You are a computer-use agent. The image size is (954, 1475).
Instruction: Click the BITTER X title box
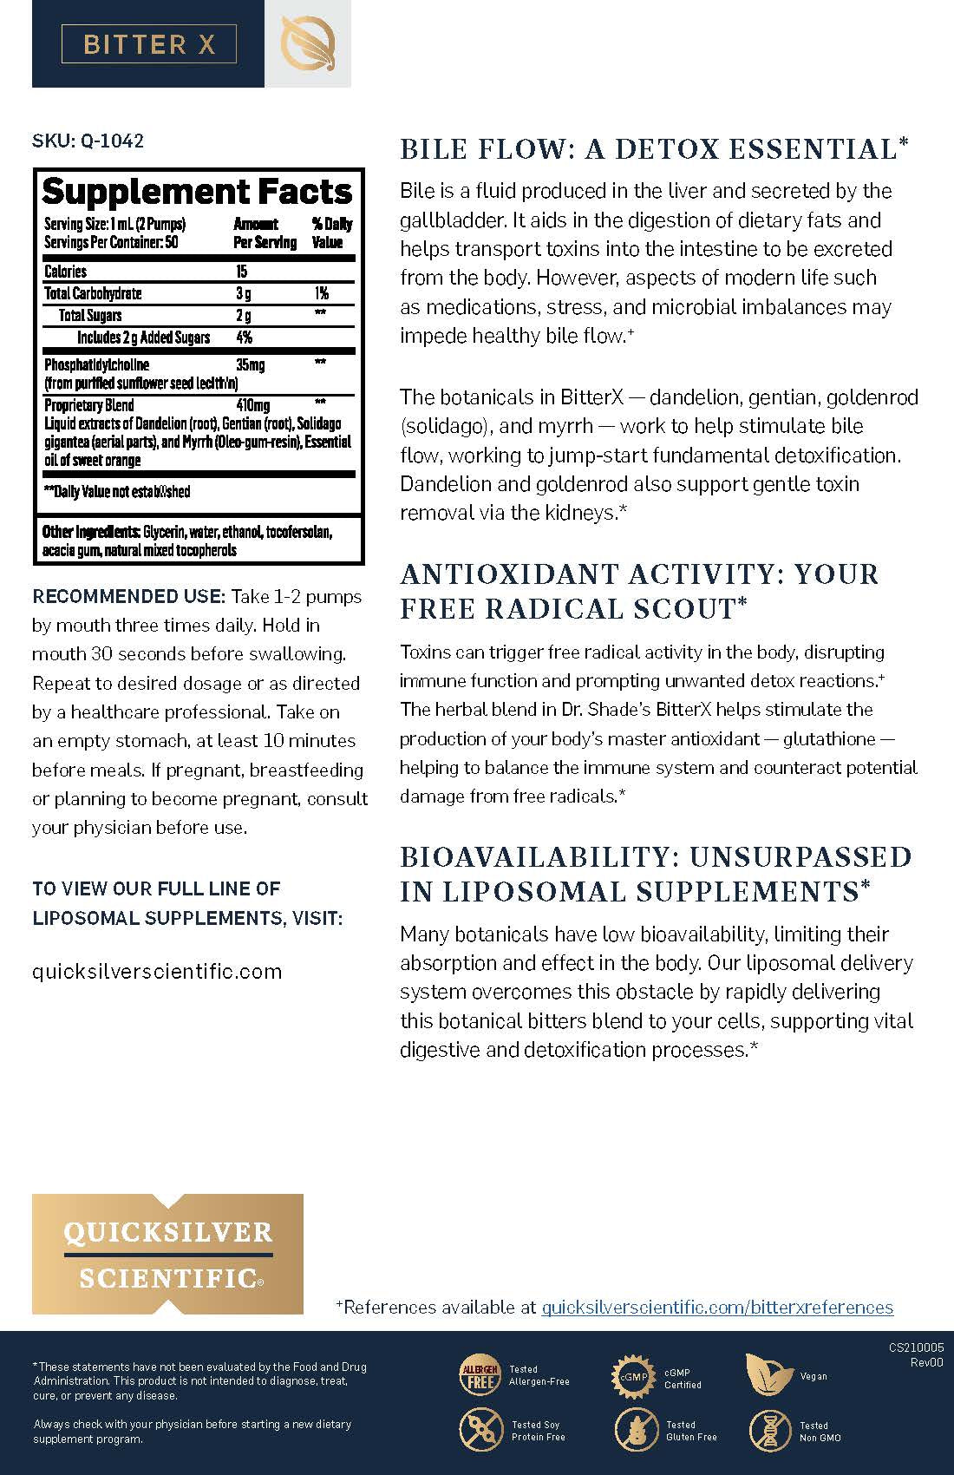(x=148, y=44)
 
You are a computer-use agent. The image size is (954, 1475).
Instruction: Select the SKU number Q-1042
(x=112, y=141)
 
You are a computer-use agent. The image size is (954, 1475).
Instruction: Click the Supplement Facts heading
(x=197, y=191)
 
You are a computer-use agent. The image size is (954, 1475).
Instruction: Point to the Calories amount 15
(x=242, y=272)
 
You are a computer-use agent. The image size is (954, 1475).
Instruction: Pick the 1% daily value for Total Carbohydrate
(x=321, y=293)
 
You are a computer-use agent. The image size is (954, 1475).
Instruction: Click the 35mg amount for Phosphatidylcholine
(x=251, y=364)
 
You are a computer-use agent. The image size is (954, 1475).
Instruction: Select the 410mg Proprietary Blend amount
(x=252, y=405)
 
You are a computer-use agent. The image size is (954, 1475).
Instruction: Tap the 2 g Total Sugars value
(x=244, y=315)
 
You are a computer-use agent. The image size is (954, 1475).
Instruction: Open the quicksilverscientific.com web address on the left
(x=157, y=971)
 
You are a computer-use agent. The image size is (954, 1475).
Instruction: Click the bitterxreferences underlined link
(x=717, y=1307)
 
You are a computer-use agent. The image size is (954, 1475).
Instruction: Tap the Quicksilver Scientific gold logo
(x=167, y=1254)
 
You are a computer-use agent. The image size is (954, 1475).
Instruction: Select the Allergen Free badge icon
(x=479, y=1374)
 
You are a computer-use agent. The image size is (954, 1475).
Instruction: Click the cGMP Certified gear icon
(x=633, y=1376)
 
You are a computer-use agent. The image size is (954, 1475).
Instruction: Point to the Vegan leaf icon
(x=768, y=1374)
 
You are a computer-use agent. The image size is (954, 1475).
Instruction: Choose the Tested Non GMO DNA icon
(x=768, y=1430)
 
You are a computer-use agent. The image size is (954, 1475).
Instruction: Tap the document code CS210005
(x=916, y=1348)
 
